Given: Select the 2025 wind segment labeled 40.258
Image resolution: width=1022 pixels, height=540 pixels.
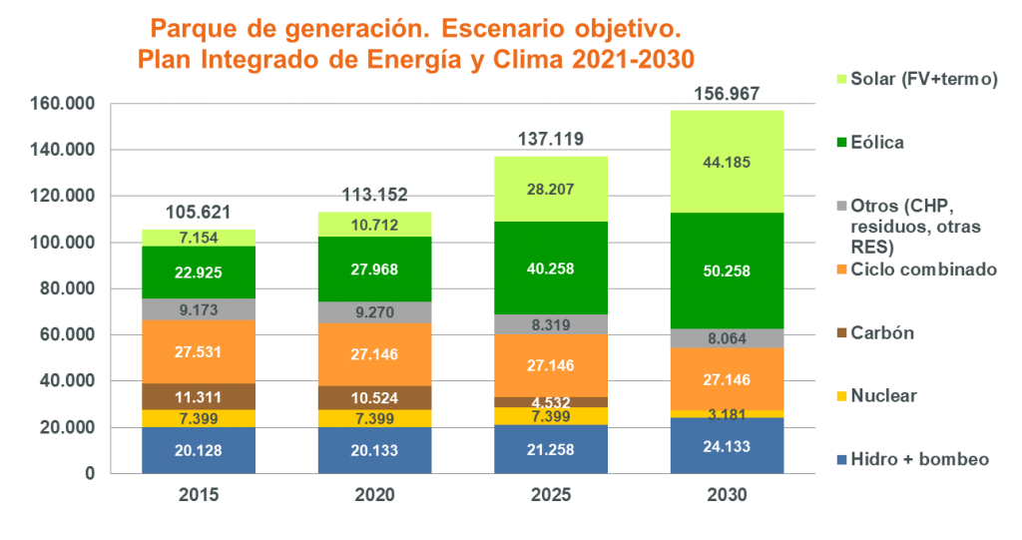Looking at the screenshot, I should pyautogui.click(x=551, y=268).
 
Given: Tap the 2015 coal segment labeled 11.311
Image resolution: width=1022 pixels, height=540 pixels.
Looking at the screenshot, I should pyautogui.click(x=199, y=396).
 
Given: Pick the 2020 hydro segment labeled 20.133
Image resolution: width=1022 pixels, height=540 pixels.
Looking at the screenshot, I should pyautogui.click(x=374, y=450).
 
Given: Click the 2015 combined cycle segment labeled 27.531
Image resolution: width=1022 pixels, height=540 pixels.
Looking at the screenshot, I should pyautogui.click(x=199, y=351).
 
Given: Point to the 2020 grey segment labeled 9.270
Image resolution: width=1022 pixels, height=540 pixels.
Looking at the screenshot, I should pyautogui.click(x=374, y=311).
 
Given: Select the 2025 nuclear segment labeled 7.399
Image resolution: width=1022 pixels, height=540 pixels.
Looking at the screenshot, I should pyautogui.click(x=551, y=415).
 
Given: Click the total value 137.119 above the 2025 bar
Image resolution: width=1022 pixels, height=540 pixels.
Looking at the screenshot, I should pyautogui.click(x=550, y=140).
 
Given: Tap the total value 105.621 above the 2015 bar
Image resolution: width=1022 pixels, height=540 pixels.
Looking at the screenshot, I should pyautogui.click(x=199, y=213).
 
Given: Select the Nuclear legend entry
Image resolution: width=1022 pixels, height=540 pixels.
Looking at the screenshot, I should pyautogui.click(x=882, y=396).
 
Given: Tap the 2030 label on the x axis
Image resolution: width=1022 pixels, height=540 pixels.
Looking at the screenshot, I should pyautogui.click(x=727, y=494).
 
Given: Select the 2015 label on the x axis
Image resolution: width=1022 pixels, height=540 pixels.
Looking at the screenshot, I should pyautogui.click(x=199, y=494).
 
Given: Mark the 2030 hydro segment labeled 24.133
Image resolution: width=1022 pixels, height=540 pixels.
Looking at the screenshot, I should pyautogui.click(x=727, y=445).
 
